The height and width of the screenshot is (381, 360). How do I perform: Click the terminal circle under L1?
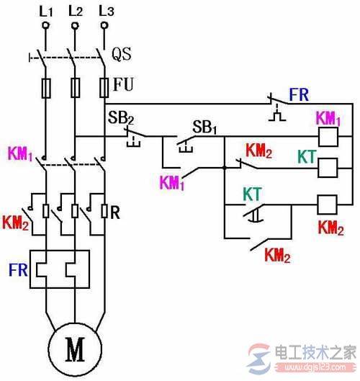point(45,26)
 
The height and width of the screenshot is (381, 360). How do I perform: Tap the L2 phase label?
point(75,10)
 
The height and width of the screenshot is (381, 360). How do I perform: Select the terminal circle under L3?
point(104,26)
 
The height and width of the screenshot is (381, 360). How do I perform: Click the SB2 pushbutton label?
point(120,117)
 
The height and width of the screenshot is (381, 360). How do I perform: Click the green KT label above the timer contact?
point(251,194)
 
